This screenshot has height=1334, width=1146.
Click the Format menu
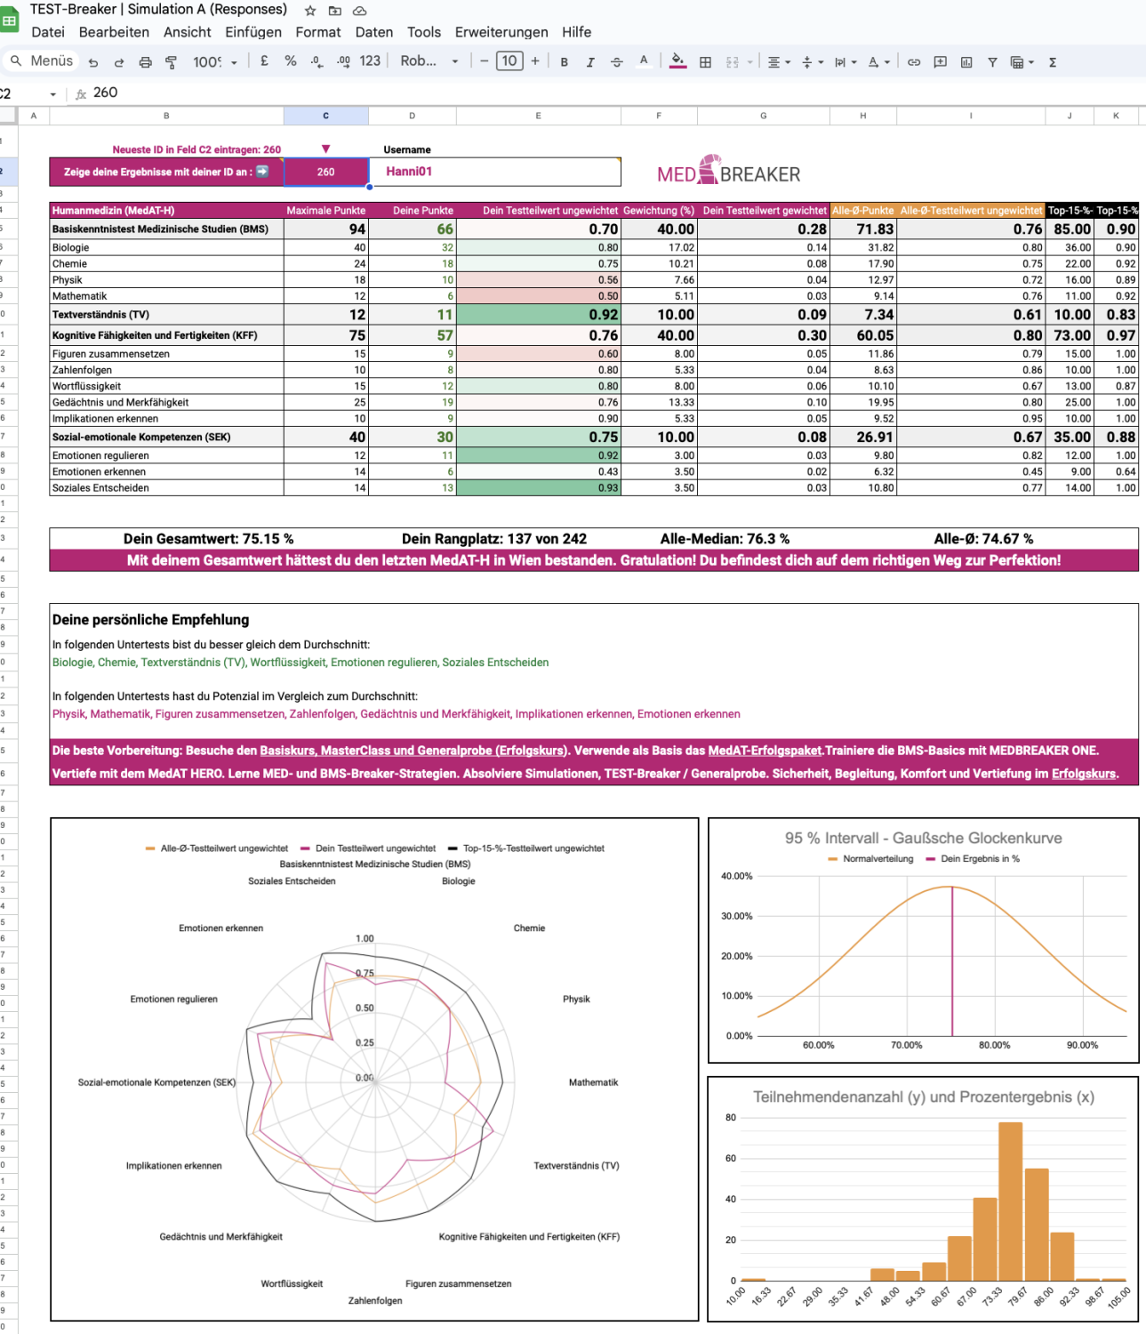point(317,32)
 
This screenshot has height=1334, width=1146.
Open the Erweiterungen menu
point(501,32)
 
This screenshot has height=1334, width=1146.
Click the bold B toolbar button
point(564,62)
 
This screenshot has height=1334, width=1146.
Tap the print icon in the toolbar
point(145,62)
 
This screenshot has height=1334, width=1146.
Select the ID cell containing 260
point(325,172)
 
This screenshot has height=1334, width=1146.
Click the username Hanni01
point(409,172)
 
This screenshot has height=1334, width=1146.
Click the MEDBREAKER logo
point(728,172)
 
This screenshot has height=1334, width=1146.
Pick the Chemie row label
point(69,264)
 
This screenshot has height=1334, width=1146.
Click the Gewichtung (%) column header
point(658,211)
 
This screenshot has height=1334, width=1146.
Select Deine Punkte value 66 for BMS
point(444,229)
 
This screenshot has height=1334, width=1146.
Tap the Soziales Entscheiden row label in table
point(100,488)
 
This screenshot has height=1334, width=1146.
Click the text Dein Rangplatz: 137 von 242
point(493,539)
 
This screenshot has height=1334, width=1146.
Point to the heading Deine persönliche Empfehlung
point(150,620)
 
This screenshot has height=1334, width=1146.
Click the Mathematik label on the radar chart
point(593,1082)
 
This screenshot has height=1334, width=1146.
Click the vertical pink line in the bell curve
point(952,960)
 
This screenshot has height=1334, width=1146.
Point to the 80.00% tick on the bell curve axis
point(994,1045)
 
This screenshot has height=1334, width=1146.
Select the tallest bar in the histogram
point(1010,1201)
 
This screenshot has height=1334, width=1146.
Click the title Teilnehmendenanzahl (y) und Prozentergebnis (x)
point(923,1097)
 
